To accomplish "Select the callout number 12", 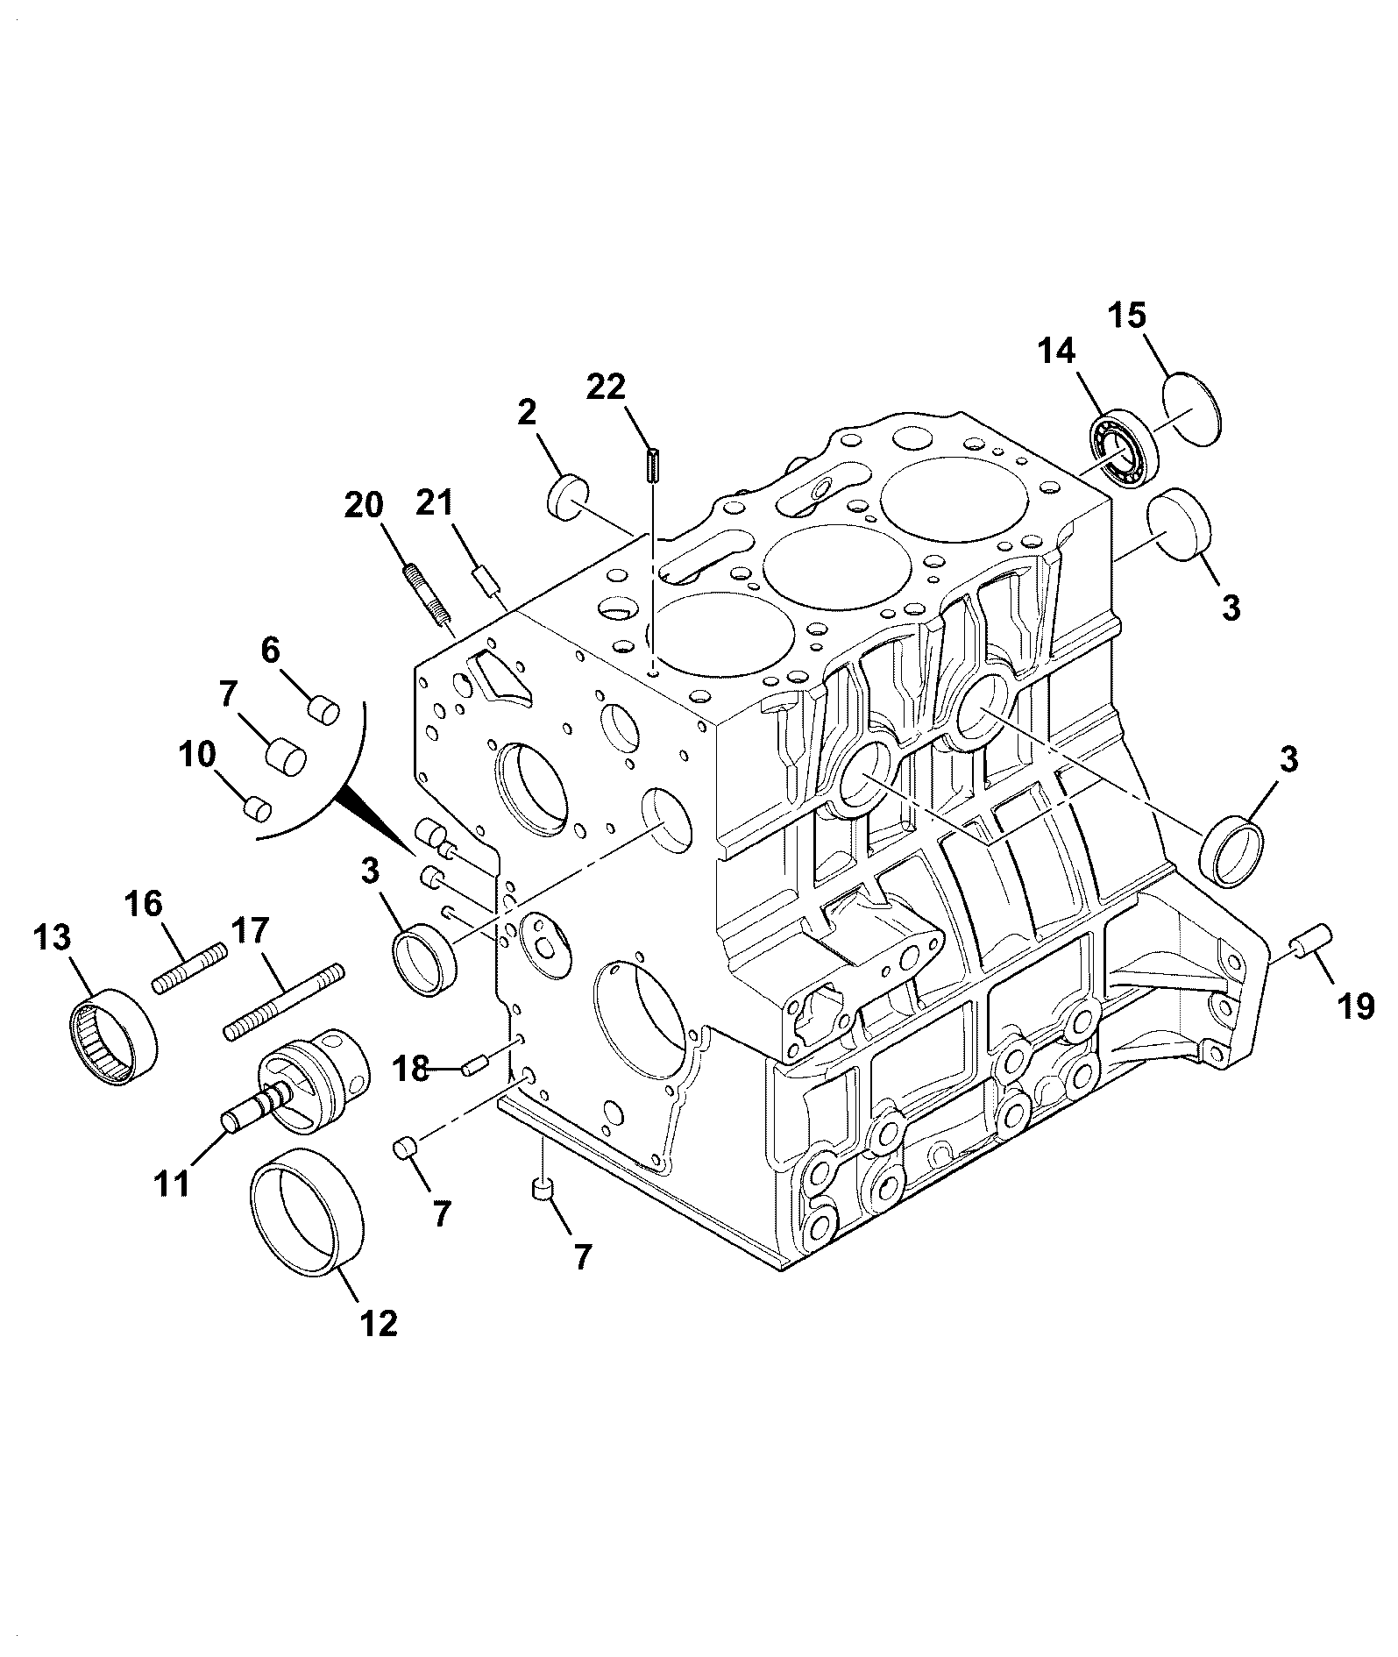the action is coord(379,1323).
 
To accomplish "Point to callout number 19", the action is coord(1355,1006).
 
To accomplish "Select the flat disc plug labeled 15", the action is coord(1193,409).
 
